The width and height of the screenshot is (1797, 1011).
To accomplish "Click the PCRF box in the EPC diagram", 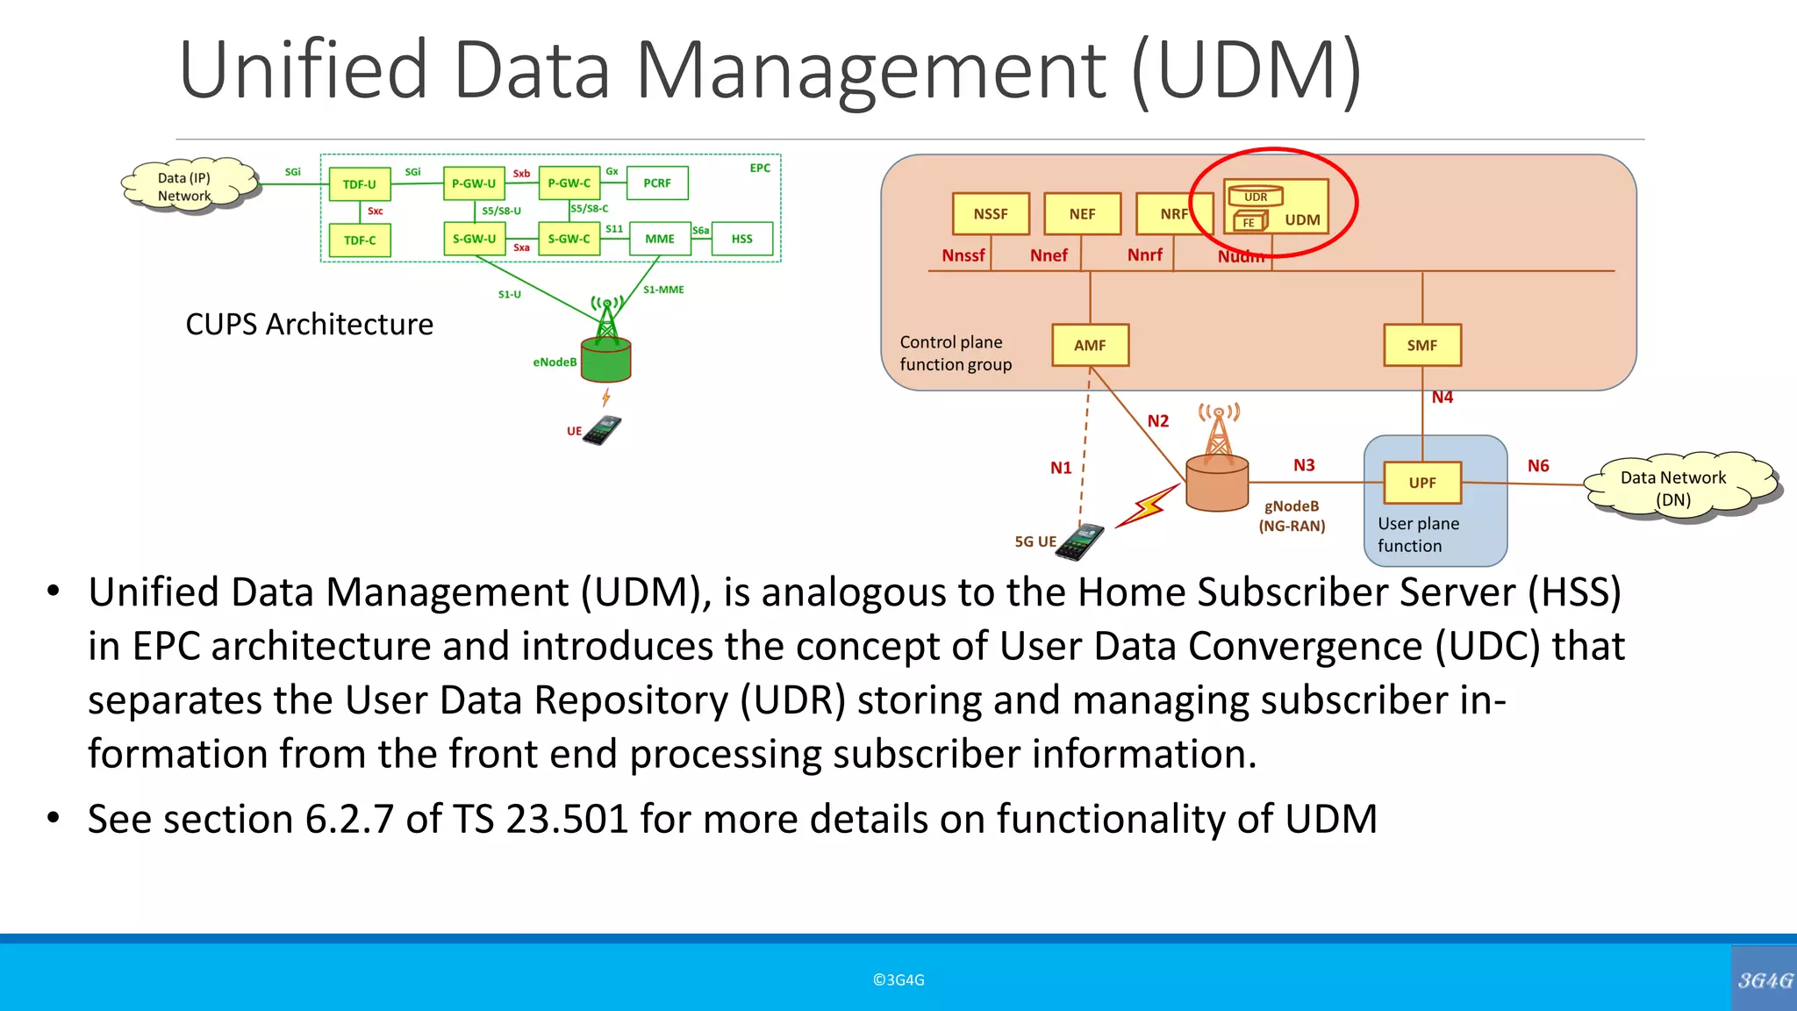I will point(657,183).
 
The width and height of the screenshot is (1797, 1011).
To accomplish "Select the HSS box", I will point(741,239).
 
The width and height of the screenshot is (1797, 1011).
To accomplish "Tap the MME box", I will point(660,239).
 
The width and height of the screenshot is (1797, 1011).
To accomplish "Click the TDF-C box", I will point(360,240).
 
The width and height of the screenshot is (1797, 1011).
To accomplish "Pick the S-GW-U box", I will point(474,239).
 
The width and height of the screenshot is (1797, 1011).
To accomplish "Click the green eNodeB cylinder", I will point(606,361).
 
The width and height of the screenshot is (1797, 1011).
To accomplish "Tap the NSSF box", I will point(991,214).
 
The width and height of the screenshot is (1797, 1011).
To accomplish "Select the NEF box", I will point(1082,214).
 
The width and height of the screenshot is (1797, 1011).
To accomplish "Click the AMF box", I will point(1090,345).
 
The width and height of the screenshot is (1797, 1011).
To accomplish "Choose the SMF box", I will point(1421,345).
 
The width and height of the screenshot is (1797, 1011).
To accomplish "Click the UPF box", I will point(1421,483).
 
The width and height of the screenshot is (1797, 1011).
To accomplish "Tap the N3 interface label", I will point(1304,465).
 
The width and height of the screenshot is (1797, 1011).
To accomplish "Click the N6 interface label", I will point(1538,466).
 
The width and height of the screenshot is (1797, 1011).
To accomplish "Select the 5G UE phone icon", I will point(1079,541).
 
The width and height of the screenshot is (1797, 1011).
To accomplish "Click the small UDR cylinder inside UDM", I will point(1255,197).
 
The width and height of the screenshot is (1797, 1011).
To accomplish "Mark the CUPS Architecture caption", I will point(309,325).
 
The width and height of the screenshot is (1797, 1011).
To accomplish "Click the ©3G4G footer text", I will point(898,980).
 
